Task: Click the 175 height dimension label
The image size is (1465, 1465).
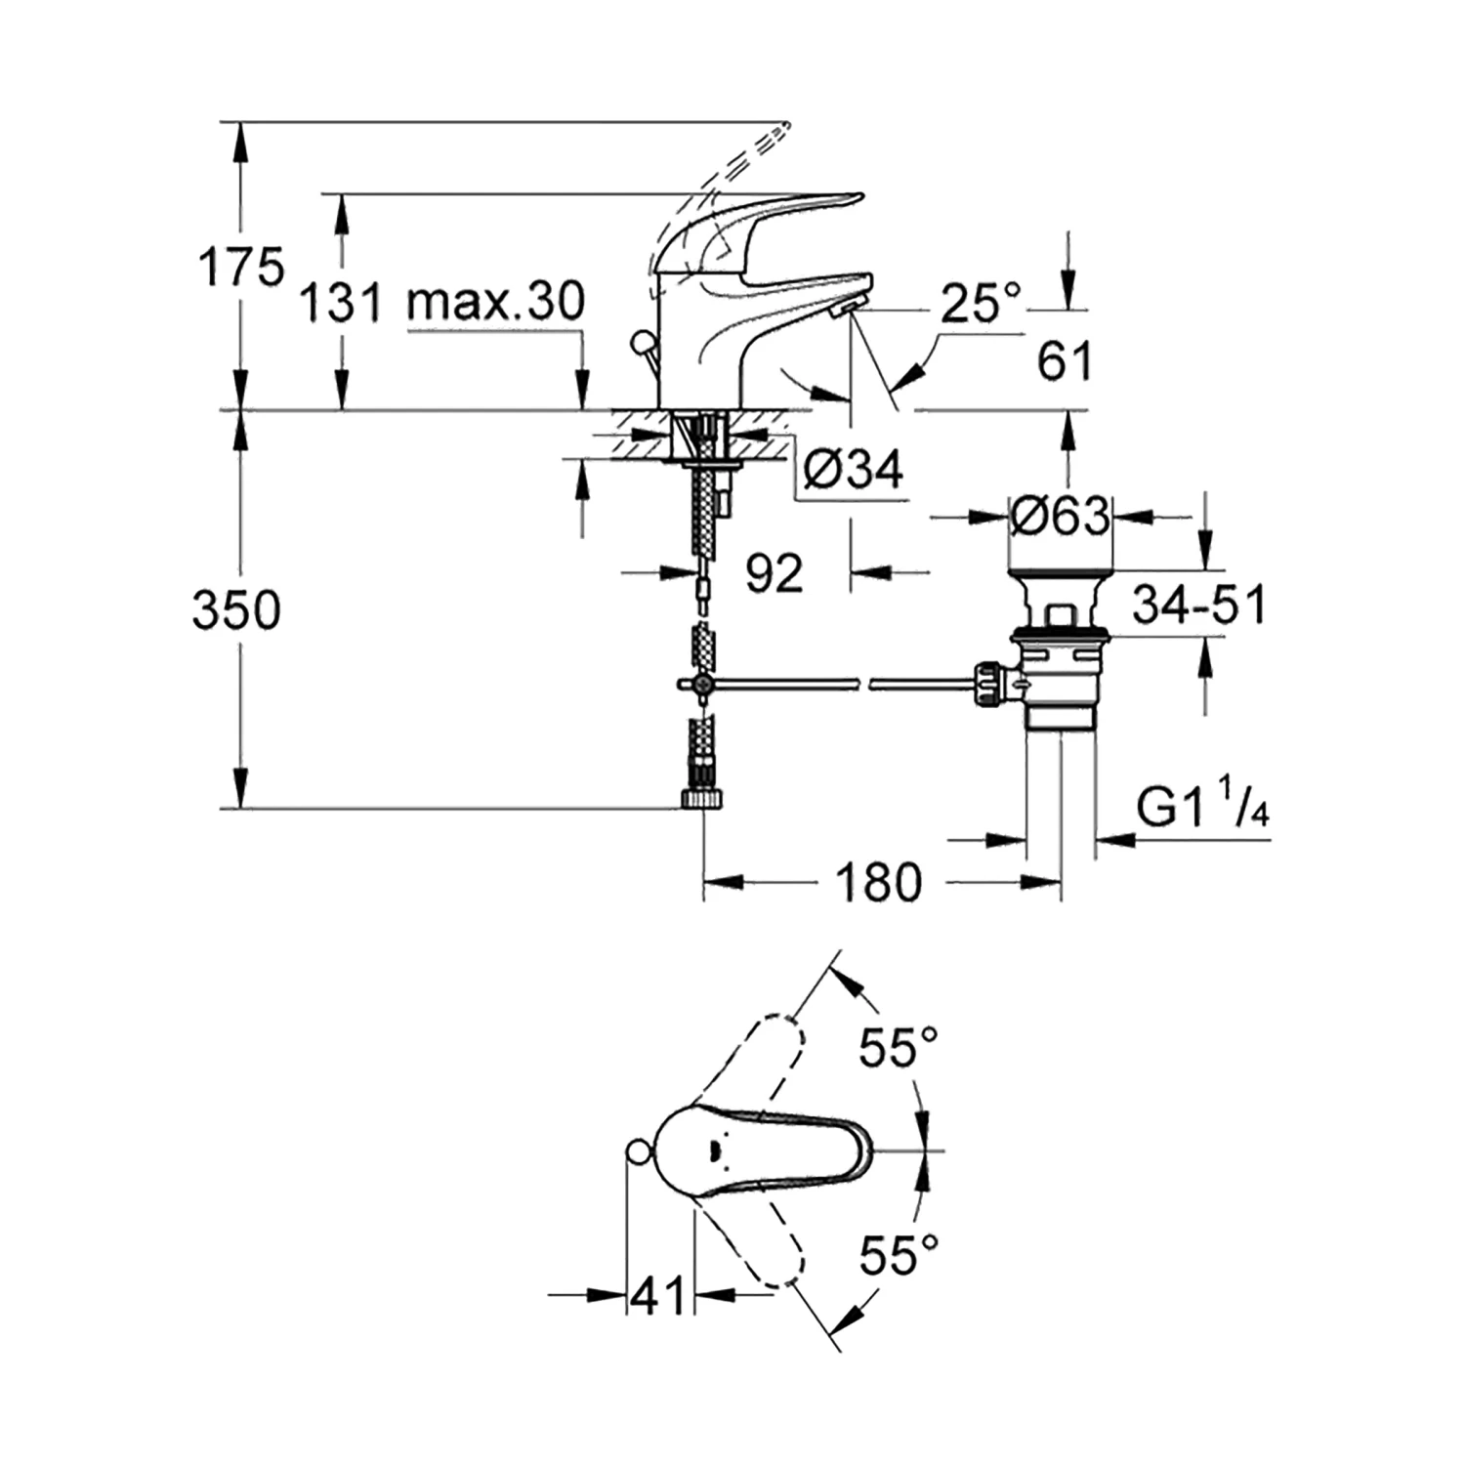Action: pyautogui.click(x=240, y=267)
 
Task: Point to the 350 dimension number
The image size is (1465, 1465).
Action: pyautogui.click(x=236, y=610)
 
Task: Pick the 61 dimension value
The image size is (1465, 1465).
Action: pyautogui.click(x=1065, y=362)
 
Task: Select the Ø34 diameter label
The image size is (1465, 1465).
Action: pyautogui.click(x=853, y=471)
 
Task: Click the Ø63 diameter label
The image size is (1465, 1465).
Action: pyautogui.click(x=1061, y=516)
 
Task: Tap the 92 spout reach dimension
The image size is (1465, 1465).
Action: pyautogui.click(x=774, y=572)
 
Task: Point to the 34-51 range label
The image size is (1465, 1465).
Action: pyautogui.click(x=1198, y=605)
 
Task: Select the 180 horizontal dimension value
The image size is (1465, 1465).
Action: pyautogui.click(x=878, y=883)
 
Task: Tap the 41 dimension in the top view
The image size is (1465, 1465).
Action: pyautogui.click(x=658, y=1296)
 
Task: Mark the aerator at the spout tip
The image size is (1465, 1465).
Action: pyautogui.click(x=842, y=310)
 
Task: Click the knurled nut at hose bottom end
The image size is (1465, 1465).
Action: pyautogui.click(x=703, y=800)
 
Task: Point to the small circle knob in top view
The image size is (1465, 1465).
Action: pyautogui.click(x=636, y=1152)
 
